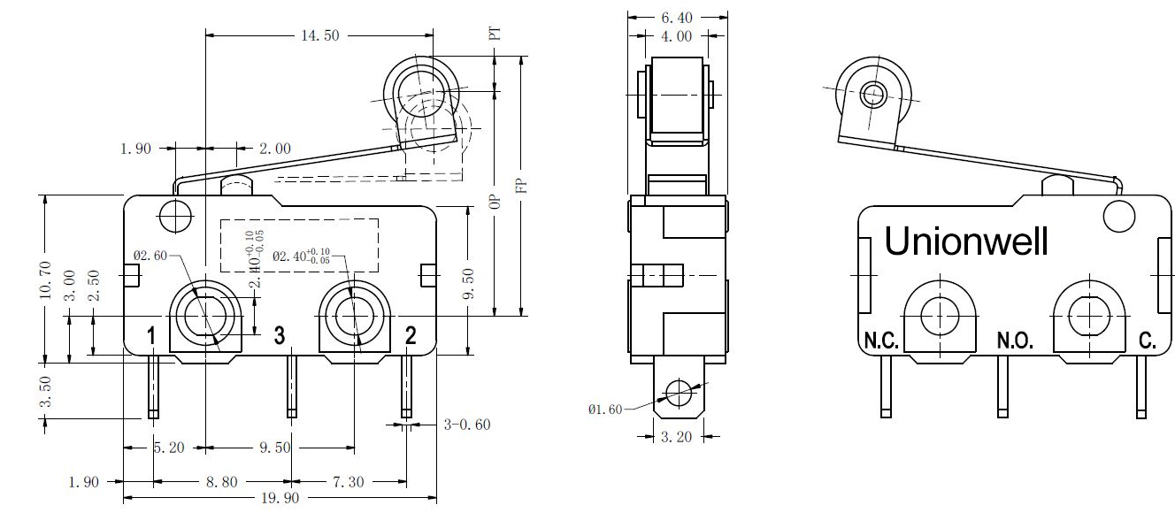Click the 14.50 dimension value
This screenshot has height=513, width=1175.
pos(320,35)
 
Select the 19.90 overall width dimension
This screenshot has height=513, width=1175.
pos(280,498)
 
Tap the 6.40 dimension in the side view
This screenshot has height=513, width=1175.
pos(677,18)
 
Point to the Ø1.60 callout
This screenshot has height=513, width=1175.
pos(605,410)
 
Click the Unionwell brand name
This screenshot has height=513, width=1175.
pos(966,241)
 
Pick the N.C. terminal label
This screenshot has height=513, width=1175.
pos(881,341)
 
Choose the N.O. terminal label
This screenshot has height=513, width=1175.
pos(1015,341)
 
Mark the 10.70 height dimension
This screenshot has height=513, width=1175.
pos(46,280)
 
